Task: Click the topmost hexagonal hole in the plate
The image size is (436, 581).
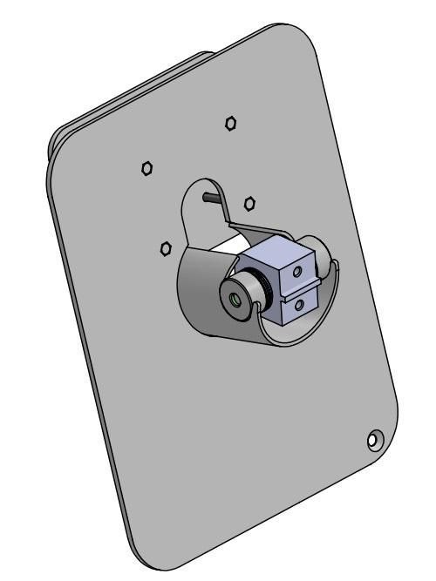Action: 230,123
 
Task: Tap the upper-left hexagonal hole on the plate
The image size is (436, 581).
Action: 148,167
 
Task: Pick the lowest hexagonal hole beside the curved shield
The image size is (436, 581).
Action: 165,249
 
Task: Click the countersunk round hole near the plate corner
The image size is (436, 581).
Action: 373,440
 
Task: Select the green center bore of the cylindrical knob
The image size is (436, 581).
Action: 235,298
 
